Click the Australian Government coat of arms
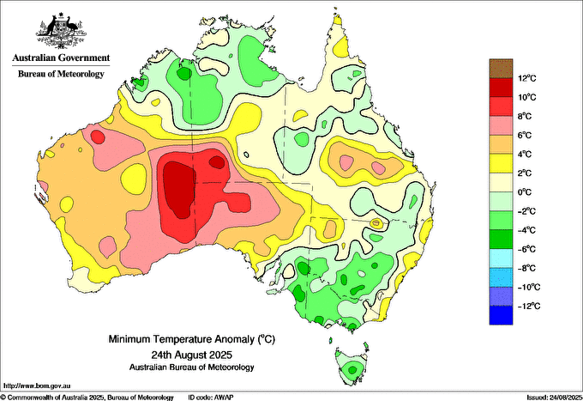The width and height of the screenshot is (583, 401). [x=61, y=31]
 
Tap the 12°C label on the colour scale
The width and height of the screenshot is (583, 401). [x=527, y=78]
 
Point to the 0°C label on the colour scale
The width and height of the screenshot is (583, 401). [x=525, y=192]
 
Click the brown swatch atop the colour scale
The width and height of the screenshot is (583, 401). [x=501, y=69]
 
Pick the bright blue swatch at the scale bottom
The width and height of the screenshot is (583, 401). [x=501, y=315]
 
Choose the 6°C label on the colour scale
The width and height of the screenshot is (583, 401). [x=525, y=135]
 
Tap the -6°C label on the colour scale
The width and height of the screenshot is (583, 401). [x=527, y=249]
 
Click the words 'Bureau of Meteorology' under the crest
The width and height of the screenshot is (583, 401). [x=61, y=74]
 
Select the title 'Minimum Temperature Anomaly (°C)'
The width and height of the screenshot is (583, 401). [x=192, y=339]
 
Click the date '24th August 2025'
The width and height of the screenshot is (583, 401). [x=191, y=354]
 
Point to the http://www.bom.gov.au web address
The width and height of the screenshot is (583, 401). [x=37, y=386]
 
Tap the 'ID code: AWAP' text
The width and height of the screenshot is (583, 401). [x=211, y=398]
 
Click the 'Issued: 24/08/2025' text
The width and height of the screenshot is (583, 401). [x=555, y=398]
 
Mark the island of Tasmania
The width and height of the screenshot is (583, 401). [x=352, y=366]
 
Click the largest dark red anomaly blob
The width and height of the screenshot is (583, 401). [x=179, y=188]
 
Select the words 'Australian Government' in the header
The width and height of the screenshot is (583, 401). [x=61, y=58]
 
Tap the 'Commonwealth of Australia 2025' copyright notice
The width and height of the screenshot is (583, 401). [x=53, y=398]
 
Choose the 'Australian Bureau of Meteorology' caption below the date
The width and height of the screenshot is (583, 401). [x=192, y=368]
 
